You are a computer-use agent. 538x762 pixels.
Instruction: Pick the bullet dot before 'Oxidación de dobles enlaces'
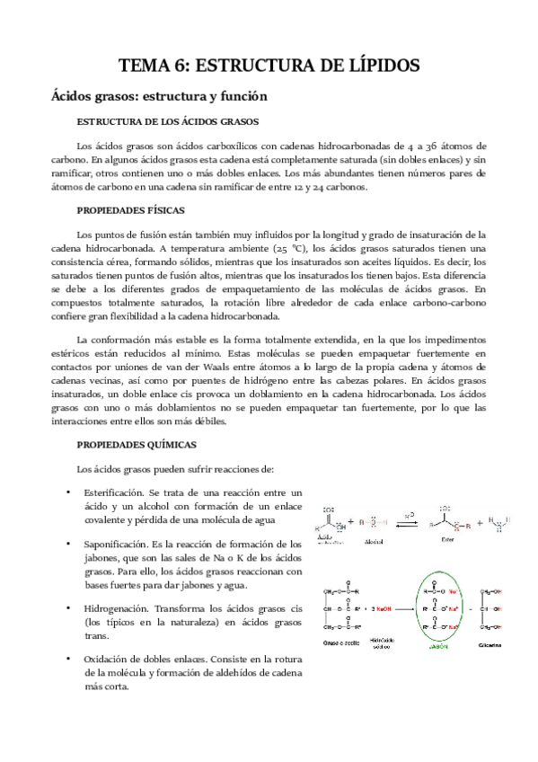pos(69,659)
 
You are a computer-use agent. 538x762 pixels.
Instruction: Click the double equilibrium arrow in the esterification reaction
pos(408,523)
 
